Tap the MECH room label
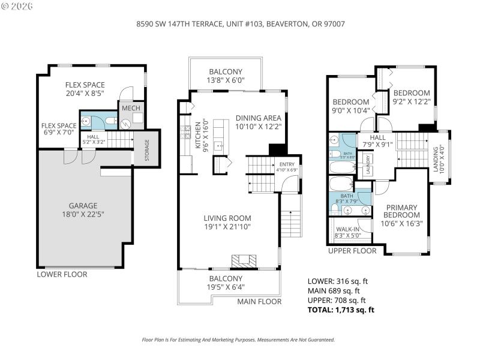click(x=132, y=108)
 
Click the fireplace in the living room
click(x=244, y=261)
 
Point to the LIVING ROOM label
click(x=227, y=218)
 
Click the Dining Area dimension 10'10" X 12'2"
click(x=258, y=127)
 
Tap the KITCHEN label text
click(x=197, y=137)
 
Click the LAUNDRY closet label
click(x=367, y=166)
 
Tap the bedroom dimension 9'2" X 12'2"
click(x=412, y=102)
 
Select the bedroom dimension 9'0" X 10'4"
click(x=352, y=110)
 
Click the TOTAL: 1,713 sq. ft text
click(x=341, y=310)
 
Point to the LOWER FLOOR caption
click(x=62, y=274)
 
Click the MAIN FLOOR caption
click(x=259, y=301)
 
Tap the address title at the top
click(x=240, y=24)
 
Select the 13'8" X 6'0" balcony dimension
click(x=226, y=80)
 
